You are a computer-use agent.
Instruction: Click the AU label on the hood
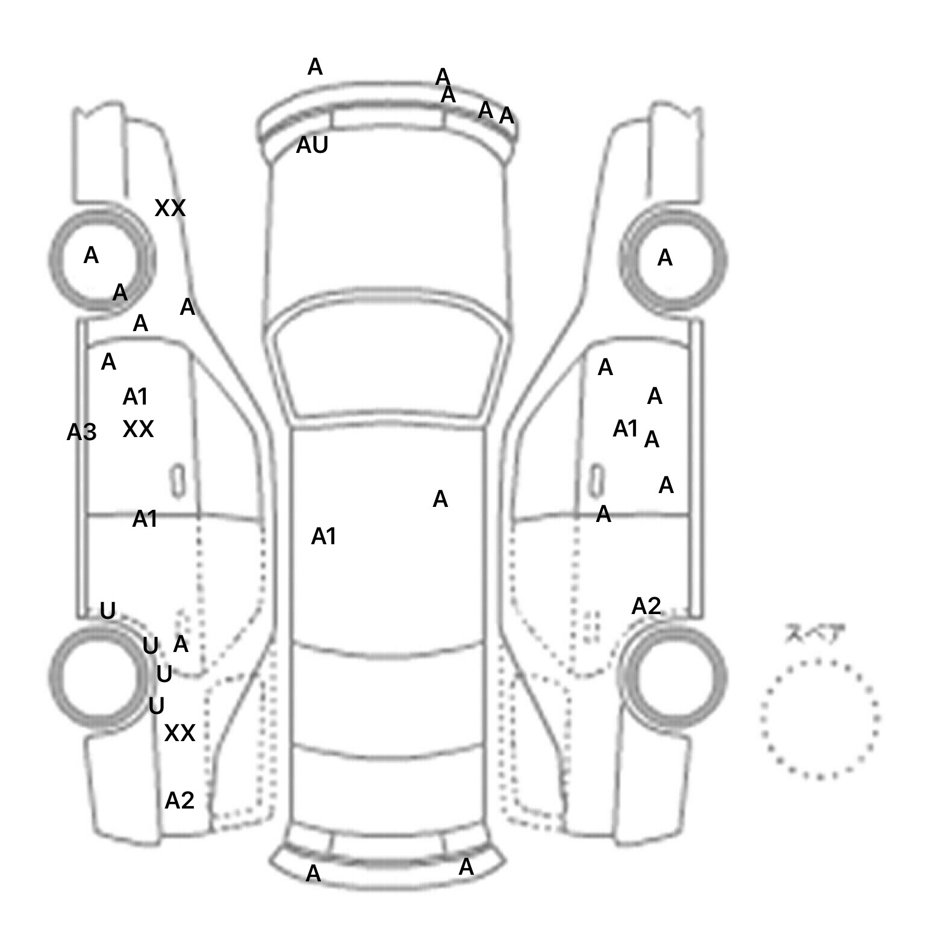coord(312,145)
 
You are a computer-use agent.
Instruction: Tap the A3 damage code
coord(81,432)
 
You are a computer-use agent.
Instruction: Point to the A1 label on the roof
coord(323,536)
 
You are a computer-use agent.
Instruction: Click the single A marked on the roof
coord(440,499)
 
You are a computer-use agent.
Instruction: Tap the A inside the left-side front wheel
coord(91,256)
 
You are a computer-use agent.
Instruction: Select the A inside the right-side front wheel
coord(665,258)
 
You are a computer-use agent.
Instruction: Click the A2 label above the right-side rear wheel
coord(646,606)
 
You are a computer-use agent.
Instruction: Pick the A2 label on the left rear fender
coord(179,801)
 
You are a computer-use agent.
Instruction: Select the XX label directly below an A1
coord(138,429)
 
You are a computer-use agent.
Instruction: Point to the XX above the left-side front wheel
coord(170,208)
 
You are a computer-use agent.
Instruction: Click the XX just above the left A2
coord(179,733)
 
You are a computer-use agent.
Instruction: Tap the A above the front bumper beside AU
coord(315,67)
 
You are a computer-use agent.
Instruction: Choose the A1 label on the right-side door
coord(625,429)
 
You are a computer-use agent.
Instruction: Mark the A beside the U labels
coord(181,644)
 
